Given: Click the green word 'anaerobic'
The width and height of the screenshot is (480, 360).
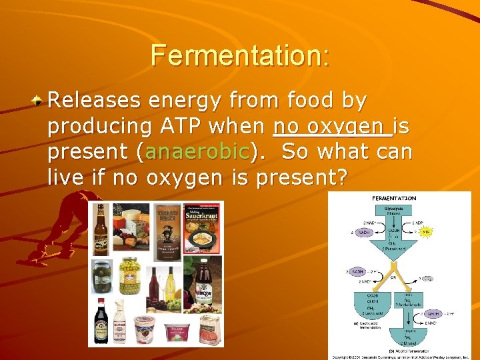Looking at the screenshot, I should pyautogui.click(x=197, y=152).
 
